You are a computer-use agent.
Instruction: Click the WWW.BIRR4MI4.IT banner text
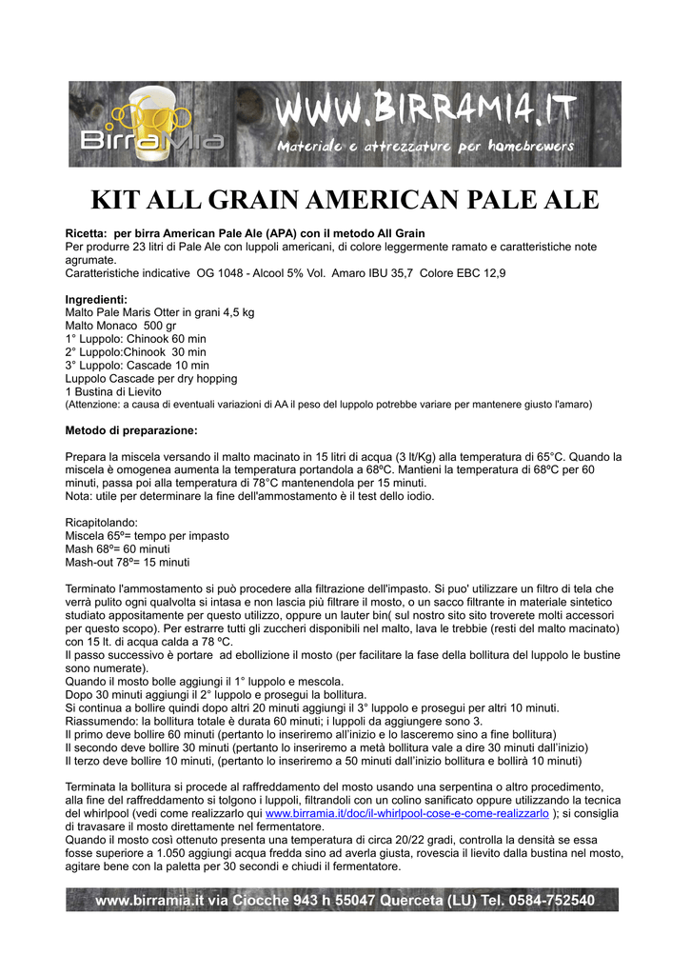(424, 112)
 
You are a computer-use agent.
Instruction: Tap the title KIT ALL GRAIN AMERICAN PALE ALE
(345, 200)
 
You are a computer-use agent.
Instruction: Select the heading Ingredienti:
(95, 299)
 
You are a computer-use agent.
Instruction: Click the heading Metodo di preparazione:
(131, 430)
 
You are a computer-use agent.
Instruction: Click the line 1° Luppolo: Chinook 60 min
(135, 339)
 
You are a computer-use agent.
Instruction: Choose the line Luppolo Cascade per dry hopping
(150, 378)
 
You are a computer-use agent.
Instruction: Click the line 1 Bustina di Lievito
(113, 391)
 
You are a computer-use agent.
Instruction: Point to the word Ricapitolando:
(101, 523)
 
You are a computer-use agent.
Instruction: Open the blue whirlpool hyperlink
(406, 814)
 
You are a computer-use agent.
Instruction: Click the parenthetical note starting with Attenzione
(327, 405)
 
